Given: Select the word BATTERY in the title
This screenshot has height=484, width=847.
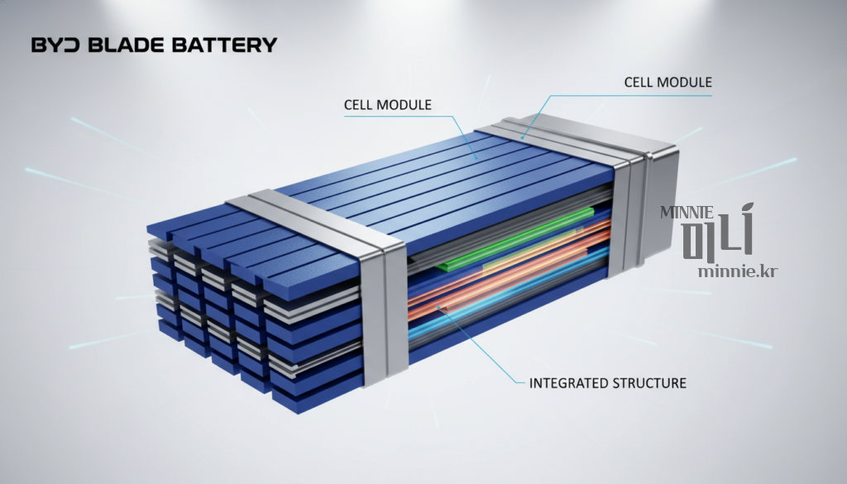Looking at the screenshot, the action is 225,45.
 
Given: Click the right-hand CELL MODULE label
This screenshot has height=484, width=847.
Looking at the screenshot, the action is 668,82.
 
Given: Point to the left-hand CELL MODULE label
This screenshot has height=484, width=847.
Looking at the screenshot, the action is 388,105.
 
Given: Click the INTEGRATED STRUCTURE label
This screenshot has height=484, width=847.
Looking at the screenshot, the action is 608,383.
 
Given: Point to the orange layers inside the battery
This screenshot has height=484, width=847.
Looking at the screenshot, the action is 508,270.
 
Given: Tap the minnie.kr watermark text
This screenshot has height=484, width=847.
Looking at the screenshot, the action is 738,271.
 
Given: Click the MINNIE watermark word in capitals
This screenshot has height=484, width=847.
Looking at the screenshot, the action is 687,213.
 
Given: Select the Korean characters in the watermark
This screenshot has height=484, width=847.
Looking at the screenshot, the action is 718,232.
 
